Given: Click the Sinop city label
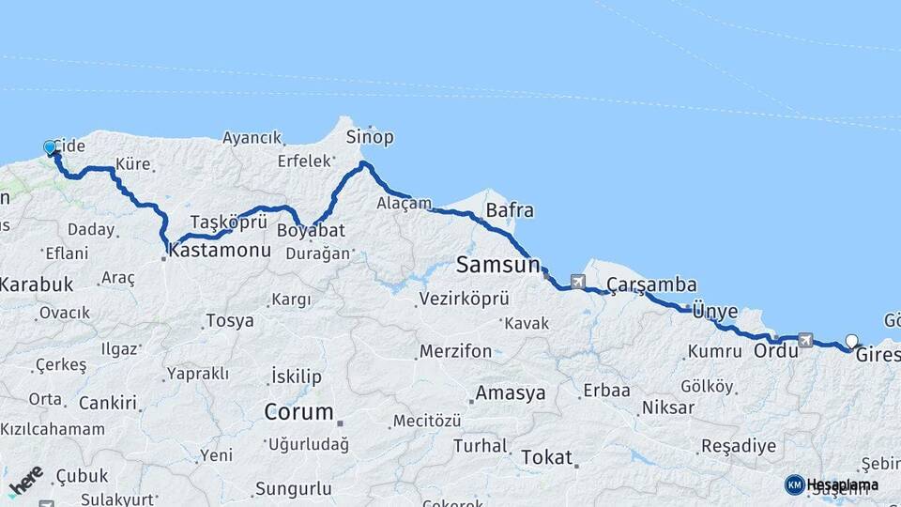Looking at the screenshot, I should click(370, 138).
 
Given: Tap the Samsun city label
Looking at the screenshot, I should click(498, 265).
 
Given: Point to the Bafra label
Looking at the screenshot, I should click(510, 210).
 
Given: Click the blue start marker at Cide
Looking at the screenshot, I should click(51, 147).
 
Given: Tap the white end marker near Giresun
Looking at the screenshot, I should click(851, 341).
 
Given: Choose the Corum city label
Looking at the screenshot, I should click(298, 412).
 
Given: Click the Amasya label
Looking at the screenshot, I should click(510, 393).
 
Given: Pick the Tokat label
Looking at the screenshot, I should click(545, 457).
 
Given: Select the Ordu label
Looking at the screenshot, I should click(775, 351).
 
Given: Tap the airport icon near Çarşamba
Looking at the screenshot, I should click(576, 281).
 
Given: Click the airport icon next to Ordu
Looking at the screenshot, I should click(805, 339).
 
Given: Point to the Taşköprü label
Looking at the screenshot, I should click(229, 222).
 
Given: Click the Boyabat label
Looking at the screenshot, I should click(317, 230).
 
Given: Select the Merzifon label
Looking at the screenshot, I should click(455, 351).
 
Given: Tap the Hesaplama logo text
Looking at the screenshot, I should click(842, 484).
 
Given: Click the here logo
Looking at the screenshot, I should click(25, 481).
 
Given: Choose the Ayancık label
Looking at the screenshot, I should click(252, 138).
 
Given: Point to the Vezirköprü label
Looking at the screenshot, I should click(464, 299).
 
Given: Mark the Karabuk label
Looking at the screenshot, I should click(37, 284).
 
